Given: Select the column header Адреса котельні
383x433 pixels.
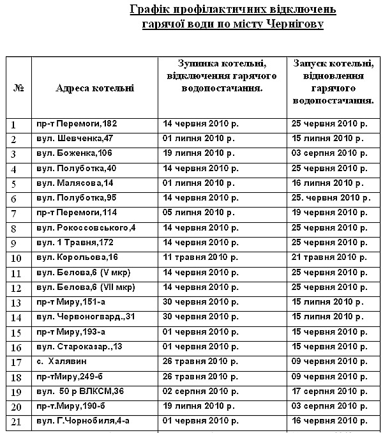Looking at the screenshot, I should pos(95,88).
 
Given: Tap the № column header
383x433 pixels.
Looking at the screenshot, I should pos(19,88).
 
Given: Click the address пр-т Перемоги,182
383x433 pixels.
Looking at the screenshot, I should pos(77,123).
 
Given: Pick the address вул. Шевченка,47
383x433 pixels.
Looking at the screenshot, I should pos(75,138).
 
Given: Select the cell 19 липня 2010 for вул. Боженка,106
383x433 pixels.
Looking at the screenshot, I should pos(200,153).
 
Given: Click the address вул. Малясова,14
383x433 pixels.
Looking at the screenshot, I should pos(75,183).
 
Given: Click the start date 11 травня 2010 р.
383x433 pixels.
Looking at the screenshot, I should pos(200,257).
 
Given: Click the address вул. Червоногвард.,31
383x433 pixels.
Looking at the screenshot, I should pos(86,317).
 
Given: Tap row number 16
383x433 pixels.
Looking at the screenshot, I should pos(17,347).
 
